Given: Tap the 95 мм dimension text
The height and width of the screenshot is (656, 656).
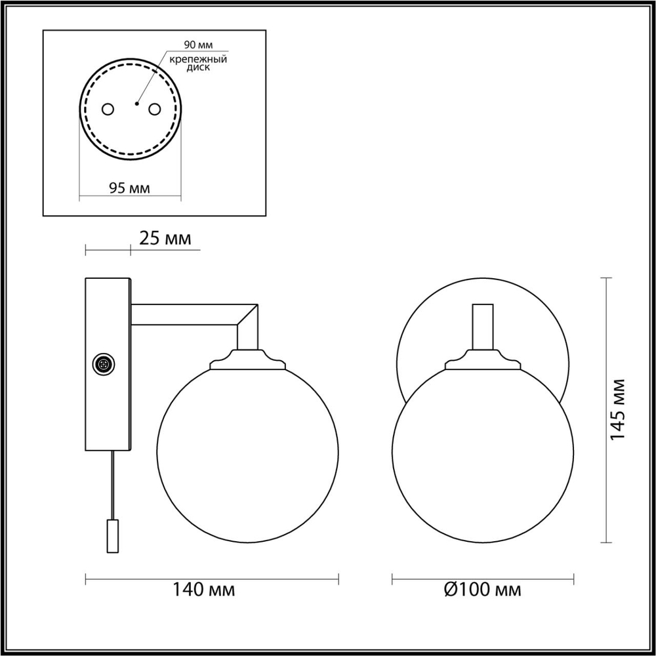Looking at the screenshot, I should pyautogui.click(x=129, y=188).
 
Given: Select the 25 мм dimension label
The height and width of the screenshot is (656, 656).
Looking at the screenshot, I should pyautogui.click(x=166, y=238).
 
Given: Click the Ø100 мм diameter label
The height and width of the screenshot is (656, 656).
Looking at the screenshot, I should pyautogui.click(x=482, y=589).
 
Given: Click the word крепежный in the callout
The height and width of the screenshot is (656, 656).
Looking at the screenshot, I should pyautogui.click(x=198, y=59).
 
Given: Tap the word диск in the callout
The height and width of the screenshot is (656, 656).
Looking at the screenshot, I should pyautogui.click(x=181, y=68).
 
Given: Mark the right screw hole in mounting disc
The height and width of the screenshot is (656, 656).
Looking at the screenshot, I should pyautogui.click(x=155, y=108).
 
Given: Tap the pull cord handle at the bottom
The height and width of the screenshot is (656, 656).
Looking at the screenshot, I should pyautogui.click(x=112, y=535).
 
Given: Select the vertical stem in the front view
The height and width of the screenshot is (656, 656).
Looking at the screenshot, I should pyautogui.click(x=482, y=326).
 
